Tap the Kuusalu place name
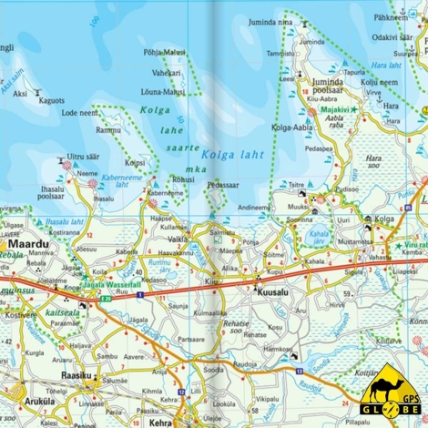click(x=274, y=283)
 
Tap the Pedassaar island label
click(x=222, y=185)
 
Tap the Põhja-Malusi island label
click(x=164, y=53)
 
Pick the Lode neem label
click(x=80, y=113)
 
